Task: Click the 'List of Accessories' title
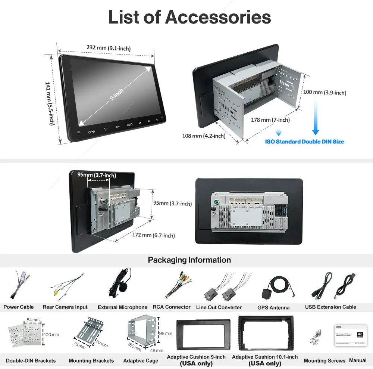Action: click(189, 17)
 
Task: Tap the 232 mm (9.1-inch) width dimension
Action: click(108, 48)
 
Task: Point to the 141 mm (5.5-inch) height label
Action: click(50, 103)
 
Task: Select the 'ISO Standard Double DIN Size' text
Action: click(304, 142)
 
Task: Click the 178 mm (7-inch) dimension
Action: click(270, 120)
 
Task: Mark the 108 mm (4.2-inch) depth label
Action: click(204, 136)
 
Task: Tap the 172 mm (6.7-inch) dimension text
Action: click(153, 235)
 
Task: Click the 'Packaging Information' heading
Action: click(189, 260)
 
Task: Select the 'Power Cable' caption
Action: click(19, 307)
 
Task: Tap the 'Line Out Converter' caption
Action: click(219, 307)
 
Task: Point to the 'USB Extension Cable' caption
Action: click(330, 307)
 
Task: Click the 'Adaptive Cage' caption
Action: click(141, 361)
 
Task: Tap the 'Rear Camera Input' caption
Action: click(65, 307)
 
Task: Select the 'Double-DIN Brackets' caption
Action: click(31, 361)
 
